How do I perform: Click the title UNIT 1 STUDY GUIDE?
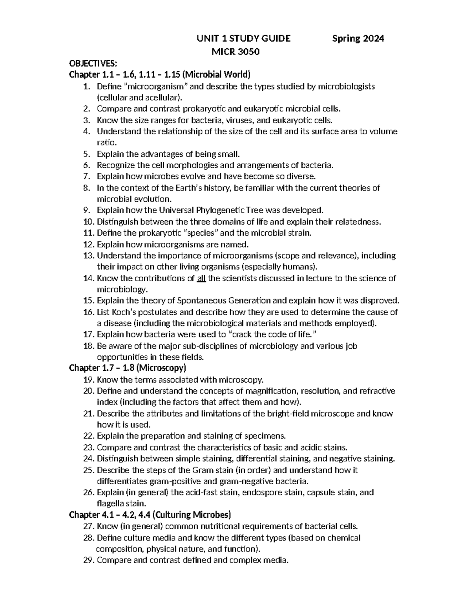243,38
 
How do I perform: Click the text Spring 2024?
358,38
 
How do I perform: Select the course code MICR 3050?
235,51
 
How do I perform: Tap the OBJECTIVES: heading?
93,64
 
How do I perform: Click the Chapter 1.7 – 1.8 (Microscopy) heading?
127,368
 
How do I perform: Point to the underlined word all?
201,278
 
